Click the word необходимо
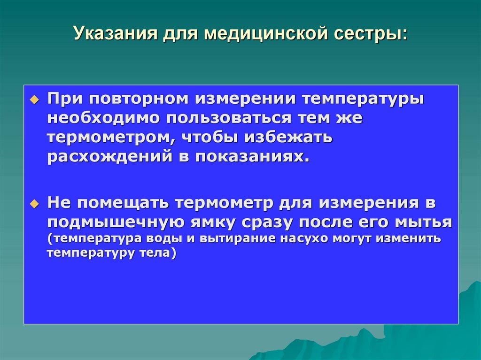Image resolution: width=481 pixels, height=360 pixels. tap(102, 118)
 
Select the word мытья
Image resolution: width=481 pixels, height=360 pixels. tap(425, 222)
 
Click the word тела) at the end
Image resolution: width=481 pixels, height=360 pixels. tap(158, 254)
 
